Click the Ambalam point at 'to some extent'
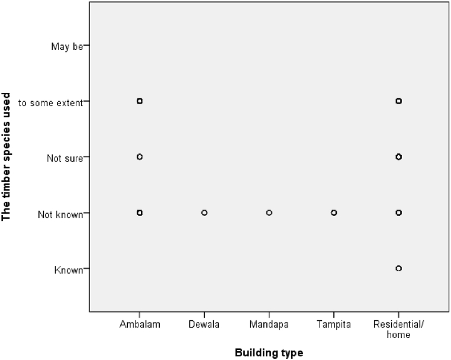[x=140, y=101]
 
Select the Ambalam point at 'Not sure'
[x=140, y=157]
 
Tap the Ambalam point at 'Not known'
[x=140, y=213]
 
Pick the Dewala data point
[x=204, y=213]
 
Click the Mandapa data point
[x=269, y=213]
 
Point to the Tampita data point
[x=334, y=213]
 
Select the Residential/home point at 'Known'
[x=398, y=268]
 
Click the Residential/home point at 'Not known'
[x=398, y=213]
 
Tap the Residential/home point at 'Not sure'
[x=398, y=157]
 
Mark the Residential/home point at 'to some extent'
[x=398, y=101]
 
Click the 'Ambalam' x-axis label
[x=140, y=324]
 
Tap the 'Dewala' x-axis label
[x=204, y=324]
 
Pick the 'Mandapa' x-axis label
[x=269, y=324]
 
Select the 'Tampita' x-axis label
[x=334, y=324]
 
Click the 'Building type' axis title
[x=269, y=353]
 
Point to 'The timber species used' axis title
[x=7, y=156]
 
